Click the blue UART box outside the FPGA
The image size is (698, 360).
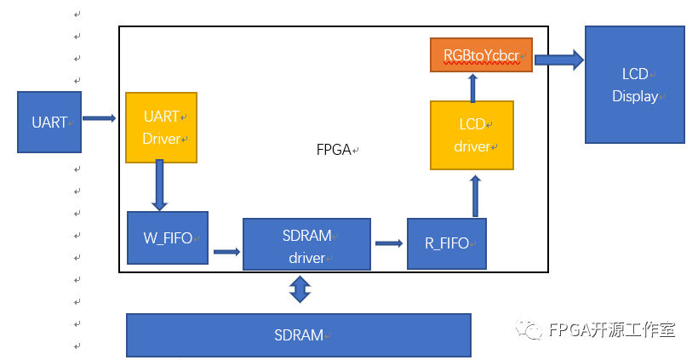[x=49, y=122]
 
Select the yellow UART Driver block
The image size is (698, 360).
[x=161, y=128]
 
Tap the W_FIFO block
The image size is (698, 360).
[x=167, y=239]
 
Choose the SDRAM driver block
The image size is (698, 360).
[x=306, y=245]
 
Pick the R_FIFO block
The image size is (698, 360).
[x=446, y=243]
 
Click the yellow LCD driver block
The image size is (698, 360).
[x=472, y=135]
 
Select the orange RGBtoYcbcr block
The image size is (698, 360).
[x=481, y=55]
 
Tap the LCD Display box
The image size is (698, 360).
[x=634, y=84]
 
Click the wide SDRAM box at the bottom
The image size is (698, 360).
[x=298, y=335]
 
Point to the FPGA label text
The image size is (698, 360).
[x=335, y=150]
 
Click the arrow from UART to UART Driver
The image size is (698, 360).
[x=99, y=118]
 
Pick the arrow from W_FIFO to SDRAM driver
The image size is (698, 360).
[x=226, y=251]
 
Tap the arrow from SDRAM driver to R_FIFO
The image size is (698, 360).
[x=389, y=243]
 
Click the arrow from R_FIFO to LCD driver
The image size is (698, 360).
[x=475, y=196]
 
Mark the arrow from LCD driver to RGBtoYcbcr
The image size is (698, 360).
[x=473, y=86]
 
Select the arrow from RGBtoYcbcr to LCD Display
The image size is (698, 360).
[x=559, y=59]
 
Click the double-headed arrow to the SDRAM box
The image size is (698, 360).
[x=299, y=289]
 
